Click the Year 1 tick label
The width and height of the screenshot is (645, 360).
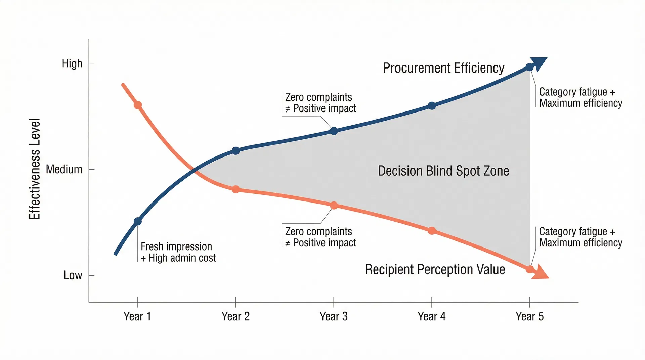pyautogui.click(x=137, y=316)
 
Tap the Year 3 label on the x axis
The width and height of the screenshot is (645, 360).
pyautogui.click(x=334, y=316)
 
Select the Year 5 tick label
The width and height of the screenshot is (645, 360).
pyautogui.click(x=529, y=316)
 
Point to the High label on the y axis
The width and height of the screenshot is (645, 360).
pyautogui.click(x=72, y=63)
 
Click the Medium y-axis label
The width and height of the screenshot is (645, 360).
pyautogui.click(x=64, y=169)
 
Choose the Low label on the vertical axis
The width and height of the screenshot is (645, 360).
pyautogui.click(x=73, y=275)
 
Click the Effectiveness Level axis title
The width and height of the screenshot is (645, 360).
pyautogui.click(x=35, y=169)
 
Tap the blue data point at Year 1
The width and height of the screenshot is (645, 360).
pyautogui.click(x=138, y=221)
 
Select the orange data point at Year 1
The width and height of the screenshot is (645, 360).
pyautogui.click(x=138, y=105)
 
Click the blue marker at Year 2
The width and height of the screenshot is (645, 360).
pyautogui.click(x=236, y=150)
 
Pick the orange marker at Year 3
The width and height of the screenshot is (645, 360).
pyautogui.click(x=334, y=206)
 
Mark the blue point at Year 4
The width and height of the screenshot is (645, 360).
pyautogui.click(x=432, y=106)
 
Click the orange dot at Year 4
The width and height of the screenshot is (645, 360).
pyautogui.click(x=432, y=231)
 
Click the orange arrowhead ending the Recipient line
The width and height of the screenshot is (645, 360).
pyautogui.click(x=540, y=272)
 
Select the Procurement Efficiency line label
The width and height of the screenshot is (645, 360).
pyautogui.click(x=443, y=68)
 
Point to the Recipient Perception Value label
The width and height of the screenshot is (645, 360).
pyautogui.click(x=435, y=269)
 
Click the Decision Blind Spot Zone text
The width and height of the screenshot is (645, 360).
pyautogui.click(x=443, y=171)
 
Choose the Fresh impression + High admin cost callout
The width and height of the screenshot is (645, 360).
pyautogui.click(x=178, y=252)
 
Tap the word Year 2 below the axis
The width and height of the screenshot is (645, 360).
pyautogui.click(x=235, y=316)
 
